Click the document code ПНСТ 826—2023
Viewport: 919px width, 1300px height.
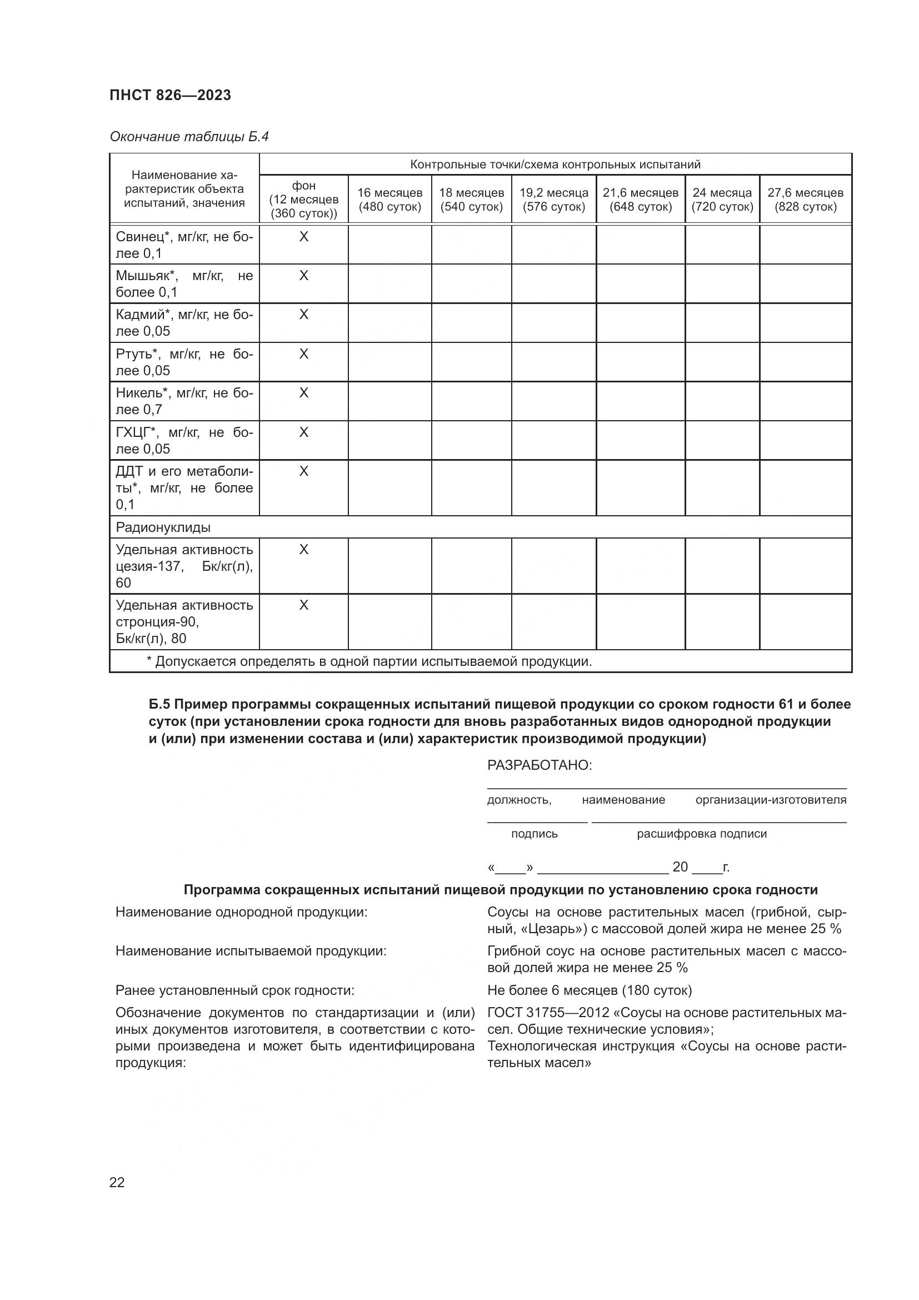point(171,95)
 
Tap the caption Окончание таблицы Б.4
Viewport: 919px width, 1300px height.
point(189,137)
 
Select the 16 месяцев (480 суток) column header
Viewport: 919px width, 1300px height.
point(389,200)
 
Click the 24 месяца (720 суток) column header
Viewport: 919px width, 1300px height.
point(722,200)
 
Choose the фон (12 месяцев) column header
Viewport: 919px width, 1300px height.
point(303,200)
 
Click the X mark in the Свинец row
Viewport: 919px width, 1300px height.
point(303,237)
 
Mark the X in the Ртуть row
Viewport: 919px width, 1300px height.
point(303,354)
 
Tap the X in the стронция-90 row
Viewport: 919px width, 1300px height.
point(303,605)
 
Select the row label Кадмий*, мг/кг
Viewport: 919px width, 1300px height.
point(184,323)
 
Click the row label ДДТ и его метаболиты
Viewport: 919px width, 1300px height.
point(184,487)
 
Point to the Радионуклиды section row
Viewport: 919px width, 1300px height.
point(163,527)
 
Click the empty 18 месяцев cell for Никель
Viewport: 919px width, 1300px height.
point(471,401)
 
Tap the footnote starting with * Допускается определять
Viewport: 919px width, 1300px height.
point(369,661)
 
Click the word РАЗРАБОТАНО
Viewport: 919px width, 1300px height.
point(540,765)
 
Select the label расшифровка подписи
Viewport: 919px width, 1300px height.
point(701,834)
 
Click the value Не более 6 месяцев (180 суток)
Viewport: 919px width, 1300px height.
point(589,990)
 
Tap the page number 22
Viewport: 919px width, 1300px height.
point(117,1182)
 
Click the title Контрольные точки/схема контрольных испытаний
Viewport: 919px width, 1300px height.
point(555,164)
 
